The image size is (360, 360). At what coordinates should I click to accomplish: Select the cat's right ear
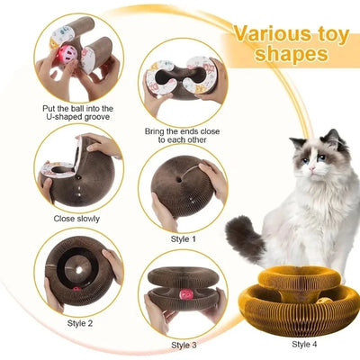pos(332,136)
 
